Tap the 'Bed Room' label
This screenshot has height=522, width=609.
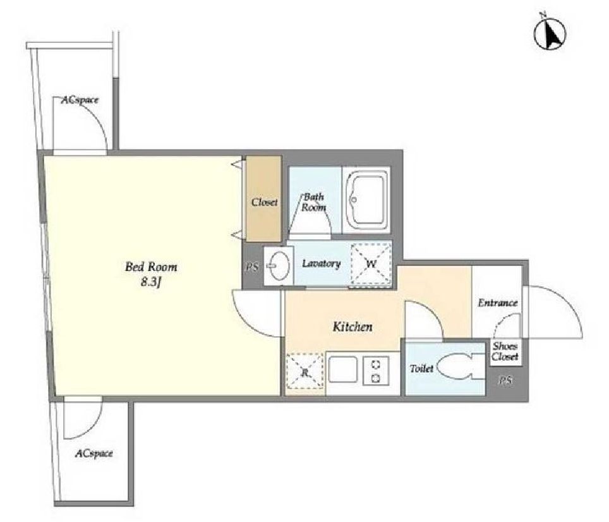pos(151,267)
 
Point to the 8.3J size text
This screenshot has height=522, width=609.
pos(151,282)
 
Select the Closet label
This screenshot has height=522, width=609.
pos(264,202)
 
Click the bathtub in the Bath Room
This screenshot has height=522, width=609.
pos(366,200)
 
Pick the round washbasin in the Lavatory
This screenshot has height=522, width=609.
pos(279,266)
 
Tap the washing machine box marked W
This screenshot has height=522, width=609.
pos(371,264)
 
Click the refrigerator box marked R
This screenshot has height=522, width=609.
pos(305,372)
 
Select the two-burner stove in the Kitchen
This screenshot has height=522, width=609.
pos(376,372)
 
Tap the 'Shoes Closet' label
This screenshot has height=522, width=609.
pos(505,351)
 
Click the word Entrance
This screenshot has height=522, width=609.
pos(498,303)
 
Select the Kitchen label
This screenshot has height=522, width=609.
pos(353,327)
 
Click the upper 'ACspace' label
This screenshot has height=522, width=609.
pos(80,100)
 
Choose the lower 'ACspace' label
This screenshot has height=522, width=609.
pos(94,453)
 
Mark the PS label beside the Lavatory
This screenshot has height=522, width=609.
pos(252,267)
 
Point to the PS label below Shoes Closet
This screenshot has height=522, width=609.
pos(505,381)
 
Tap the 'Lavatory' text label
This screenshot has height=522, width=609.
pos(321,264)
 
